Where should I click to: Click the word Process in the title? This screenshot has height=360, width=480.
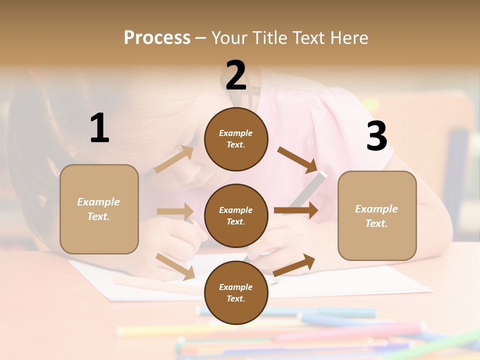pyautogui.click(x=157, y=37)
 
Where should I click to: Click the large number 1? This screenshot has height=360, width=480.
pyautogui.click(x=99, y=128)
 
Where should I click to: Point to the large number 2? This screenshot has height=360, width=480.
pyautogui.click(x=236, y=75)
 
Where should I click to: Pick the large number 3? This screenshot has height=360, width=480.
pyautogui.click(x=377, y=136)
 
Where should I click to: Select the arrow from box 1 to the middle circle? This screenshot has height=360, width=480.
pyautogui.click(x=175, y=211)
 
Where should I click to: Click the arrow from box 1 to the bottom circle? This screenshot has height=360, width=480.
pyautogui.click(x=175, y=266)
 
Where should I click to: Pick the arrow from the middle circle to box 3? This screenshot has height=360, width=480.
pyautogui.click(x=296, y=210)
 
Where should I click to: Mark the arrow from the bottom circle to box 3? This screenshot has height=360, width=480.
pyautogui.click(x=294, y=265)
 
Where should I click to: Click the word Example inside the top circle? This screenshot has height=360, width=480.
pyautogui.click(x=236, y=133)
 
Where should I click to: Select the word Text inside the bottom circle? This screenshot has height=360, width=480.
pyautogui.click(x=235, y=299)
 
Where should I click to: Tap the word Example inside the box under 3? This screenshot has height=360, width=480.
pyautogui.click(x=376, y=209)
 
